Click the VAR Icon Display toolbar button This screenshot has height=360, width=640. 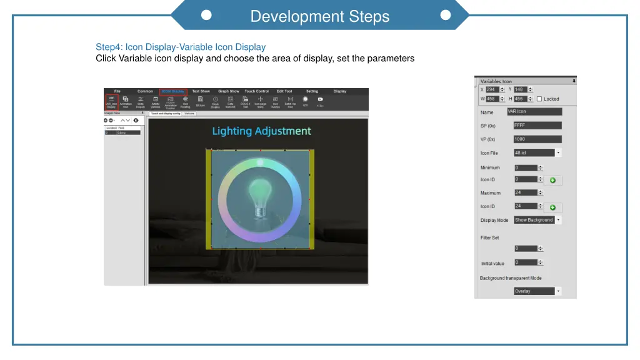(x=111, y=102)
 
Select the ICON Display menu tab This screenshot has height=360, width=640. (x=173, y=91)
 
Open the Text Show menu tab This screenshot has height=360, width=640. (x=201, y=91)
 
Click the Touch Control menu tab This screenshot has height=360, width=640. (x=256, y=91)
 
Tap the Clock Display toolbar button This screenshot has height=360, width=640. (x=215, y=102)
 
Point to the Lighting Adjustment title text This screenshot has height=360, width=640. (x=261, y=131)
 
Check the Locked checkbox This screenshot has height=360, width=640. (x=539, y=99)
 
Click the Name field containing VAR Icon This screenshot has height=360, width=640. (x=534, y=112)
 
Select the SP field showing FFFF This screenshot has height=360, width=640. (x=537, y=125)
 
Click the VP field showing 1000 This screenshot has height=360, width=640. (x=537, y=139)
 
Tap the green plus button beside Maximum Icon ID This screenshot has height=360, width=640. (x=552, y=207)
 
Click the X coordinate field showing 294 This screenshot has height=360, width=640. (x=492, y=89)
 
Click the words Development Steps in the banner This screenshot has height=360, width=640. (x=319, y=17)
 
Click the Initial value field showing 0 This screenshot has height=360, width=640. (x=526, y=262)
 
